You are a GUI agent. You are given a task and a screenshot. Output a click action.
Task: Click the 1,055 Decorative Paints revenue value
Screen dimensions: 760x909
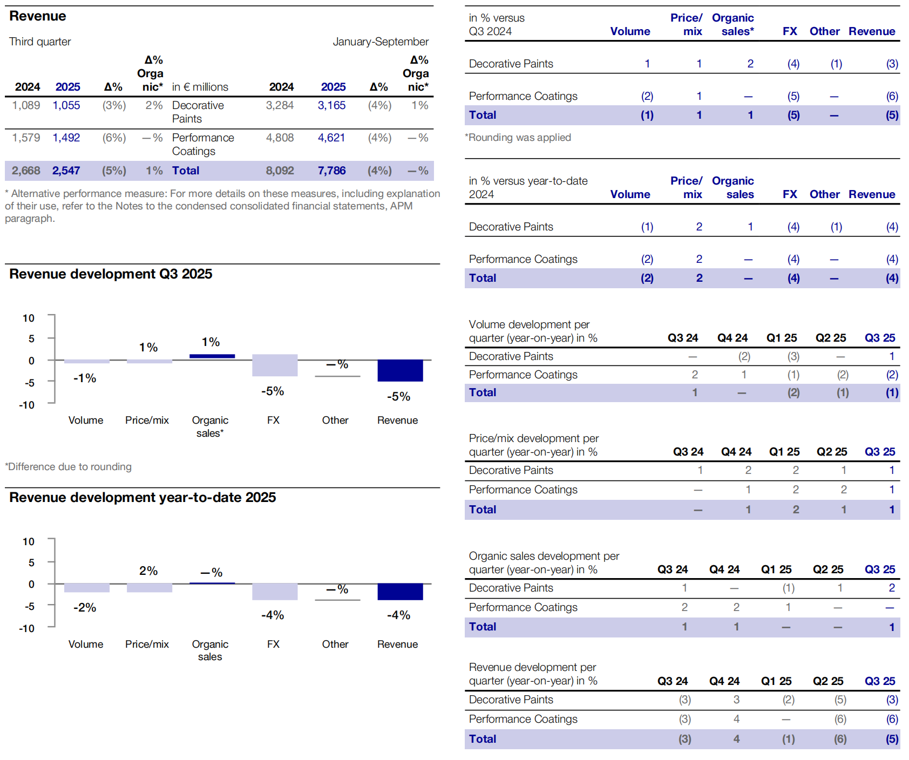pyautogui.click(x=66, y=105)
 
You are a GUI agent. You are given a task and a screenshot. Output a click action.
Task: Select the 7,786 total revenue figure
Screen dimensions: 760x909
pyautogui.click(x=331, y=171)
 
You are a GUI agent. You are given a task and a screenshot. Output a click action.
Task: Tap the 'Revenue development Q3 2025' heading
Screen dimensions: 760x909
pyautogui.click(x=111, y=274)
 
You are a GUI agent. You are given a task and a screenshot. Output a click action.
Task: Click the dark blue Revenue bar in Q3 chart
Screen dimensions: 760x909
pyautogui.click(x=400, y=371)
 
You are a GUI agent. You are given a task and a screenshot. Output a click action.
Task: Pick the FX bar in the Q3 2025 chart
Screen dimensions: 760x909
pyautogui.click(x=275, y=365)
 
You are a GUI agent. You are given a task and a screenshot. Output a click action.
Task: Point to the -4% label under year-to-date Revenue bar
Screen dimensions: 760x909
pyautogui.click(x=398, y=615)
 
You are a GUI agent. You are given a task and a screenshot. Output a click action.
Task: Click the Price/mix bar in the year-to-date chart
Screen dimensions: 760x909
pyautogui.click(x=150, y=588)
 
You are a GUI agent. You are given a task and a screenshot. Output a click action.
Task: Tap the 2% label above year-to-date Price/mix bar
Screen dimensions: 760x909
pyautogui.click(x=148, y=571)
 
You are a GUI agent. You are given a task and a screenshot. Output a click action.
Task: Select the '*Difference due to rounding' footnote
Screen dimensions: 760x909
pyautogui.click(x=69, y=466)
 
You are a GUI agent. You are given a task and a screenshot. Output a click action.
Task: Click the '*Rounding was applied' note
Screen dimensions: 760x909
pyautogui.click(x=518, y=137)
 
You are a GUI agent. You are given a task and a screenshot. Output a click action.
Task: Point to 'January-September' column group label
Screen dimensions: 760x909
pyautogui.click(x=381, y=42)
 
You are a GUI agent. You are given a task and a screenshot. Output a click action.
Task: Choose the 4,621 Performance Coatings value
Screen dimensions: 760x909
pyautogui.click(x=331, y=138)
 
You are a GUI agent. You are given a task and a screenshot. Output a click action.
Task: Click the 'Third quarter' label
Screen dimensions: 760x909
pyautogui.click(x=40, y=42)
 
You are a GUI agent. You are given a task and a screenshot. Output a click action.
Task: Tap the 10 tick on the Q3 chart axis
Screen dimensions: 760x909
pyautogui.click(x=29, y=318)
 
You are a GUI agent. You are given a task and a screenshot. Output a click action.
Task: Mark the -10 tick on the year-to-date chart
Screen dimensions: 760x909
pyautogui.click(x=27, y=628)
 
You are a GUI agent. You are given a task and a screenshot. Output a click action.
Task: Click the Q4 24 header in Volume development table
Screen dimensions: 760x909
pyautogui.click(x=732, y=338)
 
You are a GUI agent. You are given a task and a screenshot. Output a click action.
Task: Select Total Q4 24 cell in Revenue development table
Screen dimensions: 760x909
pyautogui.click(x=736, y=739)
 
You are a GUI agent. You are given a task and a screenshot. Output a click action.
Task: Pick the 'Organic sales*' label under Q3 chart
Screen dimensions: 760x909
pyautogui.click(x=210, y=426)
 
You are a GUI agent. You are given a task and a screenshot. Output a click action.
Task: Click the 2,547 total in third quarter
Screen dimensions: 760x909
pyautogui.click(x=66, y=171)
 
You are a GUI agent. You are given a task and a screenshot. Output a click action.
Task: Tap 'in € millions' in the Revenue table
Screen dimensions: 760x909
pyautogui.click(x=200, y=87)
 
